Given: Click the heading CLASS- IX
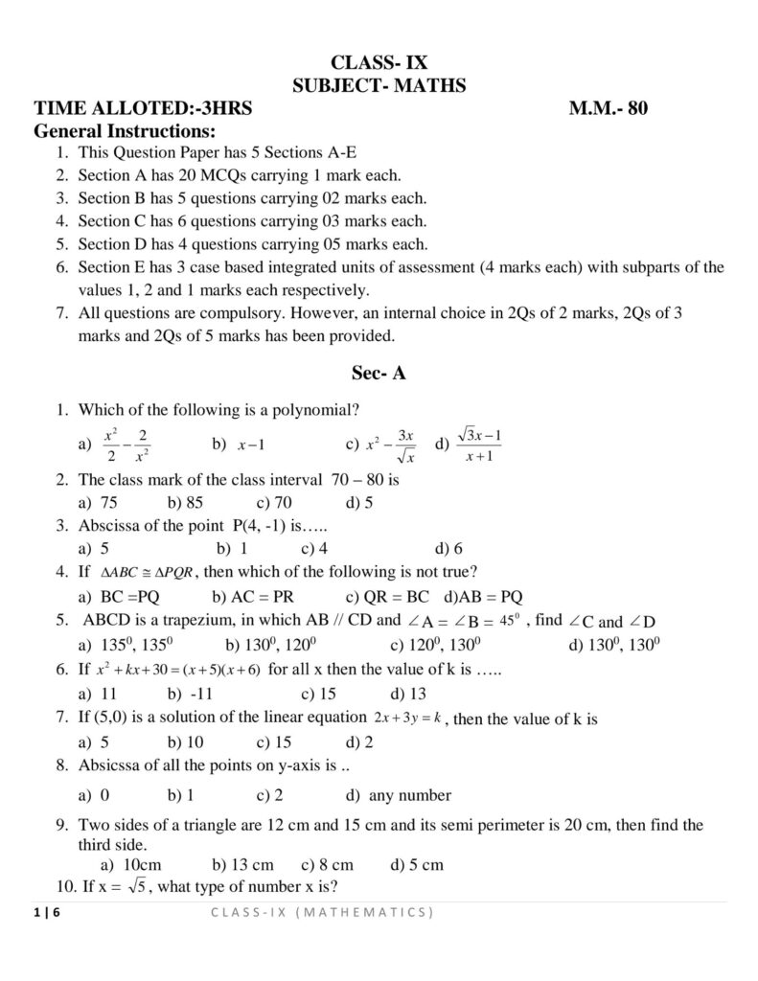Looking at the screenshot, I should (379, 65).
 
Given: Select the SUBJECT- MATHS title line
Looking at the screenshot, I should (379, 86).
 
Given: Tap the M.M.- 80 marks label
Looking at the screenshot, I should (609, 108).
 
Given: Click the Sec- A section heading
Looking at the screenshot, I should (379, 373).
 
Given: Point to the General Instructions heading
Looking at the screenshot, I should (125, 130).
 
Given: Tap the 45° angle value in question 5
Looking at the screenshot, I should (511, 618).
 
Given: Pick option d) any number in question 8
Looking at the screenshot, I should (398, 794).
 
